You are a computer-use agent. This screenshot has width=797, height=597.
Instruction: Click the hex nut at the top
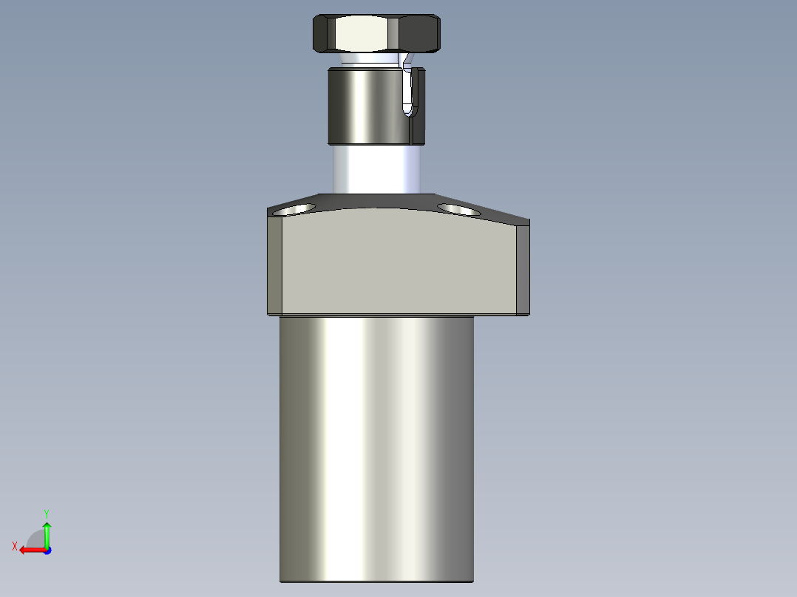pyautogui.click(x=376, y=33)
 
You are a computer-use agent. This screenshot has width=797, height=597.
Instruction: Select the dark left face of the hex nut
pyautogui.click(x=322, y=34)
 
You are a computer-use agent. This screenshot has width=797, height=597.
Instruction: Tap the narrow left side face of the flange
pyautogui.click(x=274, y=266)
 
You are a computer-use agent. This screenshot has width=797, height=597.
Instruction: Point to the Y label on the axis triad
pyautogui.click(x=46, y=512)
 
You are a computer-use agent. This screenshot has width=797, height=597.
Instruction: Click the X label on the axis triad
pyautogui.click(x=14, y=546)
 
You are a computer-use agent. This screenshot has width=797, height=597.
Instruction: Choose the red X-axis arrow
pyautogui.click(x=30, y=550)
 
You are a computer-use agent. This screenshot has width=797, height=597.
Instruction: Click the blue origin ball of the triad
pyautogui.click(x=47, y=550)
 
